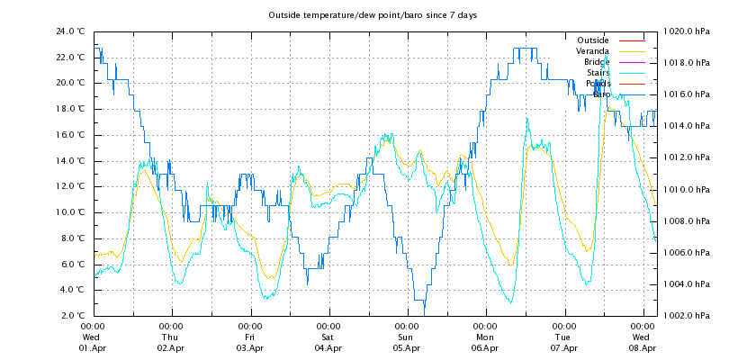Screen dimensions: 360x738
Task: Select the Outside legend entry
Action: click(x=592, y=40)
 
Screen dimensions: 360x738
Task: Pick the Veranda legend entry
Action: click(x=592, y=51)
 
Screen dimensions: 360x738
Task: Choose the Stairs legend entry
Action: click(x=598, y=73)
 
